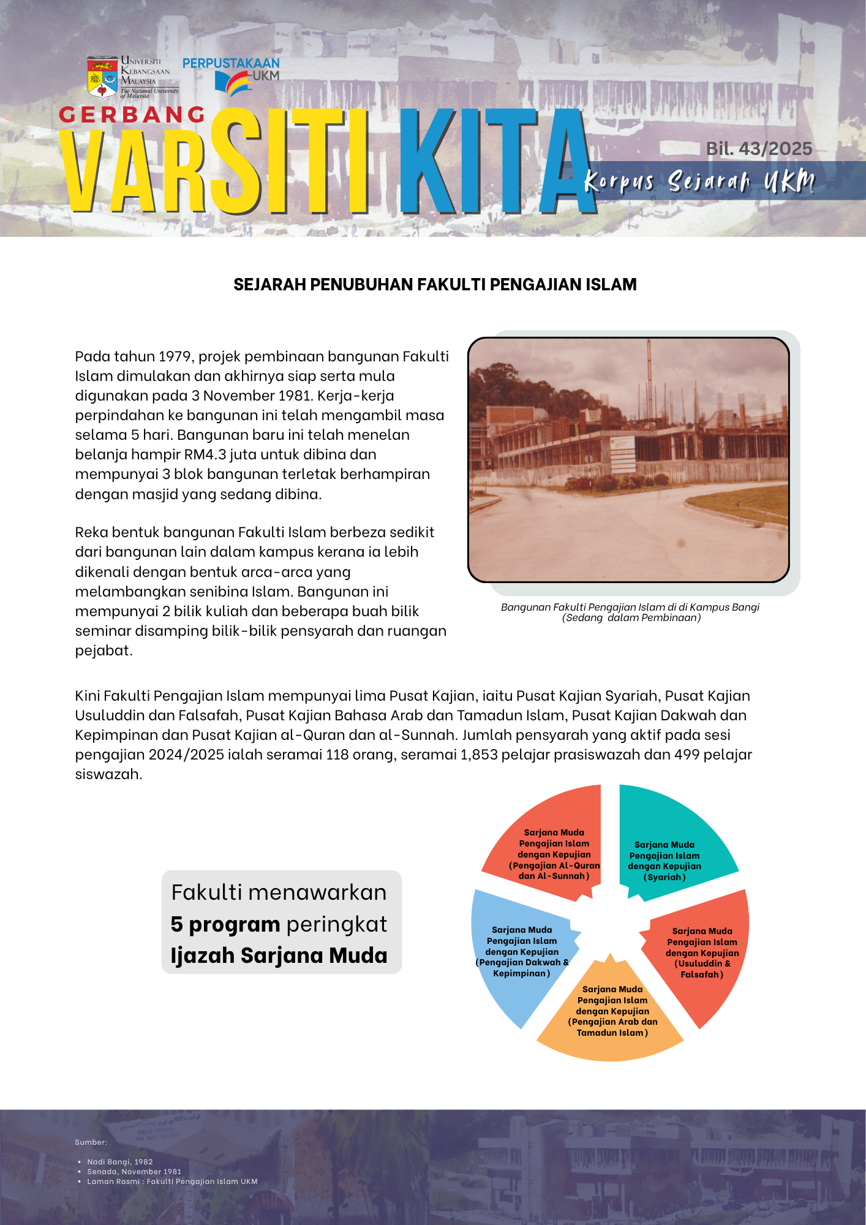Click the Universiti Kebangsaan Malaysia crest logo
click(102, 77)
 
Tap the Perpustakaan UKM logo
click(232, 76)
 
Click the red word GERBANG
click(132, 115)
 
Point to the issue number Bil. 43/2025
click(759, 149)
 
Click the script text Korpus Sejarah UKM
click(699, 181)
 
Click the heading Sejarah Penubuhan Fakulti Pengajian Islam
click(435, 284)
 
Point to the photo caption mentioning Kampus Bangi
click(630, 612)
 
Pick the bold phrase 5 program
click(225, 924)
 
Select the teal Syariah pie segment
click(668, 845)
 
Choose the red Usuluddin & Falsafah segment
click(704, 956)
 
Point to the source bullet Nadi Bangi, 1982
click(120, 1162)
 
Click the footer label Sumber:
click(91, 1142)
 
